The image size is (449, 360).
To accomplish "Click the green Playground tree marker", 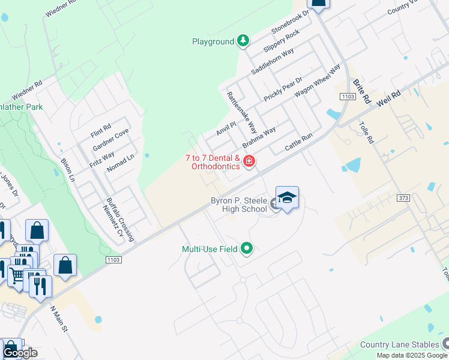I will coord(243,41).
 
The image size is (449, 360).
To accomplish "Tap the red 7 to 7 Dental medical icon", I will coord(249,161).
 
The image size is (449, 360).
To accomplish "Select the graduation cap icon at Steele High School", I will coord(288,198).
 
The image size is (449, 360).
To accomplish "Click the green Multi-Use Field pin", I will coord(246,248).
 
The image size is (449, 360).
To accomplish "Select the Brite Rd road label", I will coord(359,91).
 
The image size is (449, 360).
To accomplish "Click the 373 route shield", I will coord(402,197).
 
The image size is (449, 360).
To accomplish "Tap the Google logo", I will coord(20,353).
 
